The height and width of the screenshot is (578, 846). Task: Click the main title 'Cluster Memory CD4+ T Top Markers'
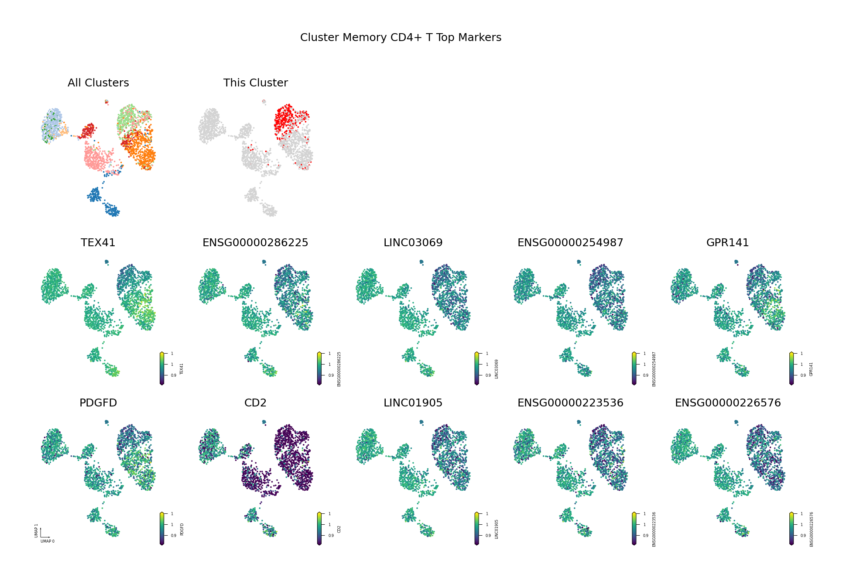click(401, 38)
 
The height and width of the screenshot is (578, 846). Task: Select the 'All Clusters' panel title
click(98, 83)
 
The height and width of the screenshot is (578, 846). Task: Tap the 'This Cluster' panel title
click(255, 83)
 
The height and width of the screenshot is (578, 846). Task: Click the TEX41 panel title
click(98, 243)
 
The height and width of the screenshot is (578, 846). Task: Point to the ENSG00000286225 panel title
click(255, 243)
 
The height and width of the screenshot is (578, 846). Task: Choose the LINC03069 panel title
click(413, 243)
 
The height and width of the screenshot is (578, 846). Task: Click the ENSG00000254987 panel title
click(570, 243)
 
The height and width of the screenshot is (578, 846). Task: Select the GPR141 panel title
click(727, 243)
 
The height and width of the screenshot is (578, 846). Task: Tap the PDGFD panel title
click(98, 403)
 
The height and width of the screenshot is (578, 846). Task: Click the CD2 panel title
click(255, 403)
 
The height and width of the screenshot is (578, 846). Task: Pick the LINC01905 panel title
click(413, 403)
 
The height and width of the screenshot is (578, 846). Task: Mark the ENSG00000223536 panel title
click(570, 403)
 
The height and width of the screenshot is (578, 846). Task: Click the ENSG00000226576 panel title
click(727, 403)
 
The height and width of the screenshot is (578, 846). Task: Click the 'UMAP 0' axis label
click(48, 541)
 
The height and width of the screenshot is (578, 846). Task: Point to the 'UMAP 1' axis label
click(37, 531)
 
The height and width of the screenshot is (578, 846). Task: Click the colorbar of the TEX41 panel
click(162, 368)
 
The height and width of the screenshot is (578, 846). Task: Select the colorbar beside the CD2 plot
click(319, 529)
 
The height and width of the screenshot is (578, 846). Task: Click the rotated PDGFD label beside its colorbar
click(182, 529)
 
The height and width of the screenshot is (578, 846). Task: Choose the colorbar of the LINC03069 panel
click(476, 368)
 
